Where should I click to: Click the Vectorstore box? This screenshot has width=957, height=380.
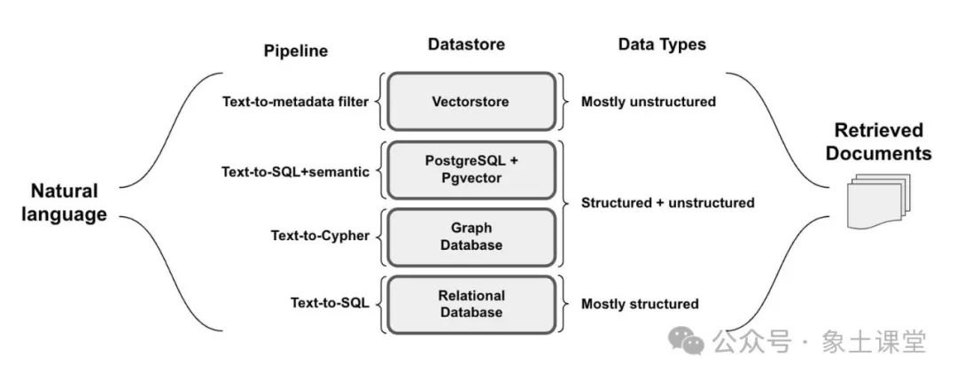471,102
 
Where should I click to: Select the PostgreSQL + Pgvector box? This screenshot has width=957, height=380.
471,170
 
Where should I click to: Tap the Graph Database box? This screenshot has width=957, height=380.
471,237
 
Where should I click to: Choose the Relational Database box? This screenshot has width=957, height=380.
471,305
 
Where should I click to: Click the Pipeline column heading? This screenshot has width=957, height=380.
295,51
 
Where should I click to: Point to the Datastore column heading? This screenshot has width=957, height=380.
466,44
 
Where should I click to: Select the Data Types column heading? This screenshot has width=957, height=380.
662,44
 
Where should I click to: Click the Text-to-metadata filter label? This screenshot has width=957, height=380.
295,102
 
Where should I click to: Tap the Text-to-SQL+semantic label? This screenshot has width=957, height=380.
295,172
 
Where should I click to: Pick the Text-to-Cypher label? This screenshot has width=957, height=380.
320,236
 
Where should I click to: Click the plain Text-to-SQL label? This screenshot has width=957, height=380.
330,303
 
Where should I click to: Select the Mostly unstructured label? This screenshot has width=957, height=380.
648,102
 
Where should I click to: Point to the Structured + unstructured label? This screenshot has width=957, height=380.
668,203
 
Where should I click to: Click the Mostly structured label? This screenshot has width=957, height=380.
640,304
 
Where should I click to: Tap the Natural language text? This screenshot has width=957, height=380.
64,203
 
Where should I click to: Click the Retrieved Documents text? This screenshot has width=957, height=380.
879,142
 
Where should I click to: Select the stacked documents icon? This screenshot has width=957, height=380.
877,201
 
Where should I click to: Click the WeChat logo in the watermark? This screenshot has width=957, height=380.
687,340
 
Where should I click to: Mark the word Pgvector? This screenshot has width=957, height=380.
471,179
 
